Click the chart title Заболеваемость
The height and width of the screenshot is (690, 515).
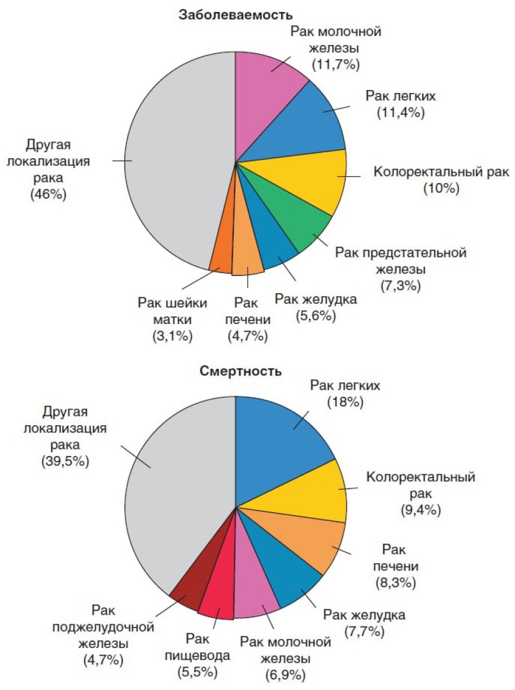click(236, 15)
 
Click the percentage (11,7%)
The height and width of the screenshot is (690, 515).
click(335, 63)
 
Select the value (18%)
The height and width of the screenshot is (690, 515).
click(345, 402)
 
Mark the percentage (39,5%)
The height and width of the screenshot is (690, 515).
click(65, 461)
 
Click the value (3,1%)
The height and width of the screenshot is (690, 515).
click(172, 336)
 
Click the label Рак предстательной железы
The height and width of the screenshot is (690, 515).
click(401, 261)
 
